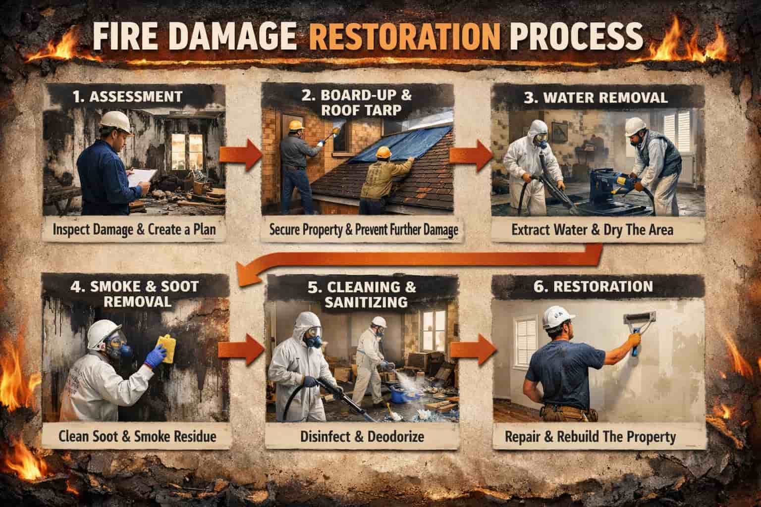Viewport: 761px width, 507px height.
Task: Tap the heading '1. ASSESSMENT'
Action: point(128,97)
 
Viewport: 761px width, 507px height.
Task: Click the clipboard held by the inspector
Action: point(142,177)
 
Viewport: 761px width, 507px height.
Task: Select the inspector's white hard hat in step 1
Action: point(116,122)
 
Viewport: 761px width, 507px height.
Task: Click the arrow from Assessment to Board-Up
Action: point(240,155)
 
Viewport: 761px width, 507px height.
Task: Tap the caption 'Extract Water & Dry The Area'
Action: point(592,230)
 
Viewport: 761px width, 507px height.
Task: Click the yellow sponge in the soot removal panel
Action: point(167,348)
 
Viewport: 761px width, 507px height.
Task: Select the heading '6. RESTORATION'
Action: point(593,287)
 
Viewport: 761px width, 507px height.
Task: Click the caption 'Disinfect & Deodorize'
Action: point(362,437)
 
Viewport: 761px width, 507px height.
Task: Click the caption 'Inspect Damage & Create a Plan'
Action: point(134,230)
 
